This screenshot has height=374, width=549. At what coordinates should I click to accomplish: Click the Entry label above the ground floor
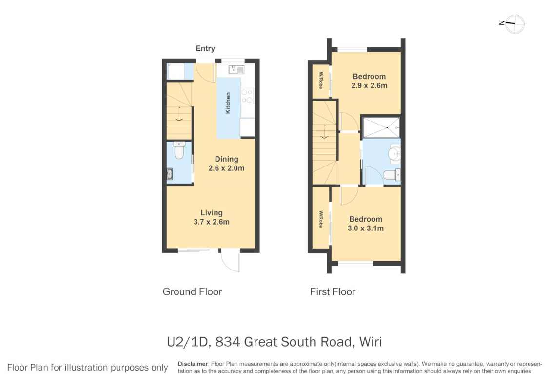pos(205,48)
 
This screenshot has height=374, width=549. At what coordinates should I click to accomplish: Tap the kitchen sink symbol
pos(236,70)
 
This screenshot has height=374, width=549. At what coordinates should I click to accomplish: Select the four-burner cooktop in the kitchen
pos(247,96)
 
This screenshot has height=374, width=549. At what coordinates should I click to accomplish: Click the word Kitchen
pos(228,103)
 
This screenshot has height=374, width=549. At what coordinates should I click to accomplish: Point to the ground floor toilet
pos(179,150)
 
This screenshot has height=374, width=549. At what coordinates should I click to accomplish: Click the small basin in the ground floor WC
pos(170,174)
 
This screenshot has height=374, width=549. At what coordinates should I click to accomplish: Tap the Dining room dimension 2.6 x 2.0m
pos(227,168)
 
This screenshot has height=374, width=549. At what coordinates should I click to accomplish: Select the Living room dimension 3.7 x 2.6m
pos(212,222)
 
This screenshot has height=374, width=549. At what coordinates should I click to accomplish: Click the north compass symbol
pos(512,24)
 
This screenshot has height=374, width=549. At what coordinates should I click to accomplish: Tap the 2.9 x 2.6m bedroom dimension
pos(370,85)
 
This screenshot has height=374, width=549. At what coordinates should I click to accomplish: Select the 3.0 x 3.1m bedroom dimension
pos(366,228)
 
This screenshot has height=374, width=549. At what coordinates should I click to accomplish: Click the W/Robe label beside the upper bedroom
pos(321,80)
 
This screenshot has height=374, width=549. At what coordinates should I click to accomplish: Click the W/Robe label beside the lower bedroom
pos(321,219)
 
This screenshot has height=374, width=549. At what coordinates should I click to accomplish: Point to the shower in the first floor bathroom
pos(381,127)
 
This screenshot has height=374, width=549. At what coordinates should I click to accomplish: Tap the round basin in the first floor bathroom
pos(394,153)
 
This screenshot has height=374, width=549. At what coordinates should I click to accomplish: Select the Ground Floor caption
pos(192,291)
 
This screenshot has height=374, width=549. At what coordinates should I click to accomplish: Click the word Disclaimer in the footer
pos(193,364)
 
